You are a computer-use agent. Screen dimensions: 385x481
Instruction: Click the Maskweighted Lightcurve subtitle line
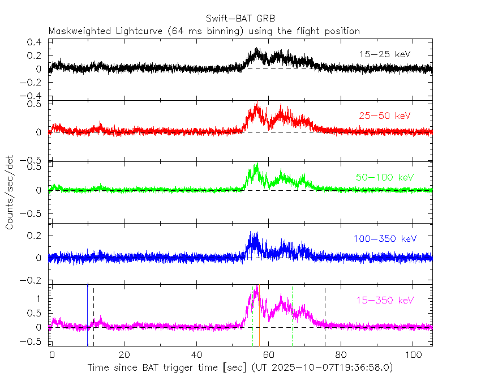tap(204, 31)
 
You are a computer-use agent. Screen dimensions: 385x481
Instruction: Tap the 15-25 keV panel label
tap(384, 54)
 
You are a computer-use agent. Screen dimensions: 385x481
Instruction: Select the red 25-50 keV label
tap(384, 115)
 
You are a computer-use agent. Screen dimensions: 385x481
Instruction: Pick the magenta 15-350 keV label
tap(384, 300)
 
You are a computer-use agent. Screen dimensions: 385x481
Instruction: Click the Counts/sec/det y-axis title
tap(10, 192)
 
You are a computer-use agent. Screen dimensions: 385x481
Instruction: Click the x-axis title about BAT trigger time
tap(240, 368)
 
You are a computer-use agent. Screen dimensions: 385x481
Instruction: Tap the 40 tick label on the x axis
tap(196, 354)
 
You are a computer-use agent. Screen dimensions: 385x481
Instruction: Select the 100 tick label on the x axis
tap(413, 354)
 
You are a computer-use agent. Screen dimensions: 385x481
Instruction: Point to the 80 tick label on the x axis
tap(341, 354)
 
